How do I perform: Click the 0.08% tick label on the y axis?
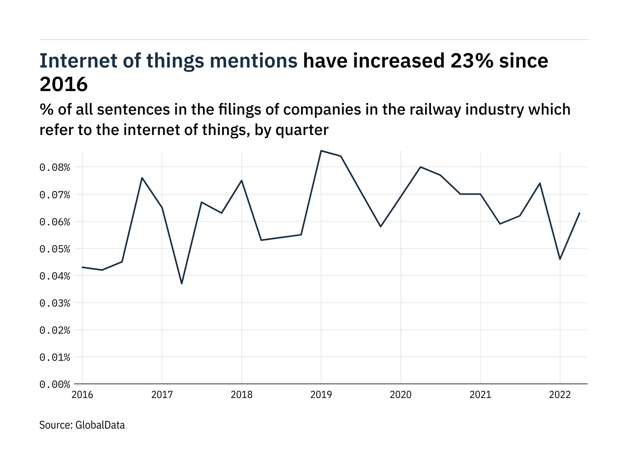[55, 168]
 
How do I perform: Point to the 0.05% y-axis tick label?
[55, 249]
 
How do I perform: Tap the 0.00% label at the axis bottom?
[55, 385]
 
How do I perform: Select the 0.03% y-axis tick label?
[55, 303]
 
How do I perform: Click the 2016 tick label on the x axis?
[82, 395]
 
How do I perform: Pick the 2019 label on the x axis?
[321, 395]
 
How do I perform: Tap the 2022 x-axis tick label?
[560, 395]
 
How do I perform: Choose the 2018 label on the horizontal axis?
[241, 395]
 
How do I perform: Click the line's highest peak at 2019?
[321, 151]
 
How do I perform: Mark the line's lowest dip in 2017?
[182, 283]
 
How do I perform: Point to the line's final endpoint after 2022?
[580, 213]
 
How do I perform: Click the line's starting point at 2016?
[82, 267]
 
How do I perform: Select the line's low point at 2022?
[560, 259]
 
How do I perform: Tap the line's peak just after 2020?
[420, 167]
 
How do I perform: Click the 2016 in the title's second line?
[63, 84]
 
